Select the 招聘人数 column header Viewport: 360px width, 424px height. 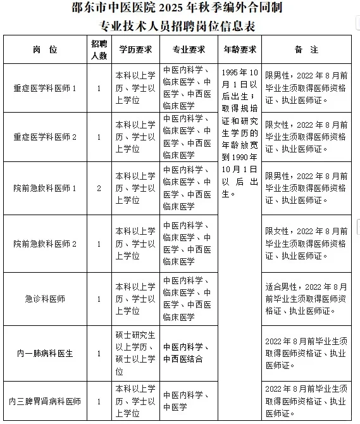point(99,49)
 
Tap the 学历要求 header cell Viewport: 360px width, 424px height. point(135,49)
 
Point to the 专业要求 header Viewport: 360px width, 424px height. point(189,49)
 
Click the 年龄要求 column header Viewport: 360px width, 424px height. point(240,49)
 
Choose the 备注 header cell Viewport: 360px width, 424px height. point(306,49)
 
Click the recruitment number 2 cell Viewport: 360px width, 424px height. point(99,188)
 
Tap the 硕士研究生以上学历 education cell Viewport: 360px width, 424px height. point(135,353)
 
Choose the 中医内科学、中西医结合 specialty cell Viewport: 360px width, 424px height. point(189,353)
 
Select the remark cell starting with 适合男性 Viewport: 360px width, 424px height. point(306,299)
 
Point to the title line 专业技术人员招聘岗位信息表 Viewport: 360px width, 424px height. point(179,27)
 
